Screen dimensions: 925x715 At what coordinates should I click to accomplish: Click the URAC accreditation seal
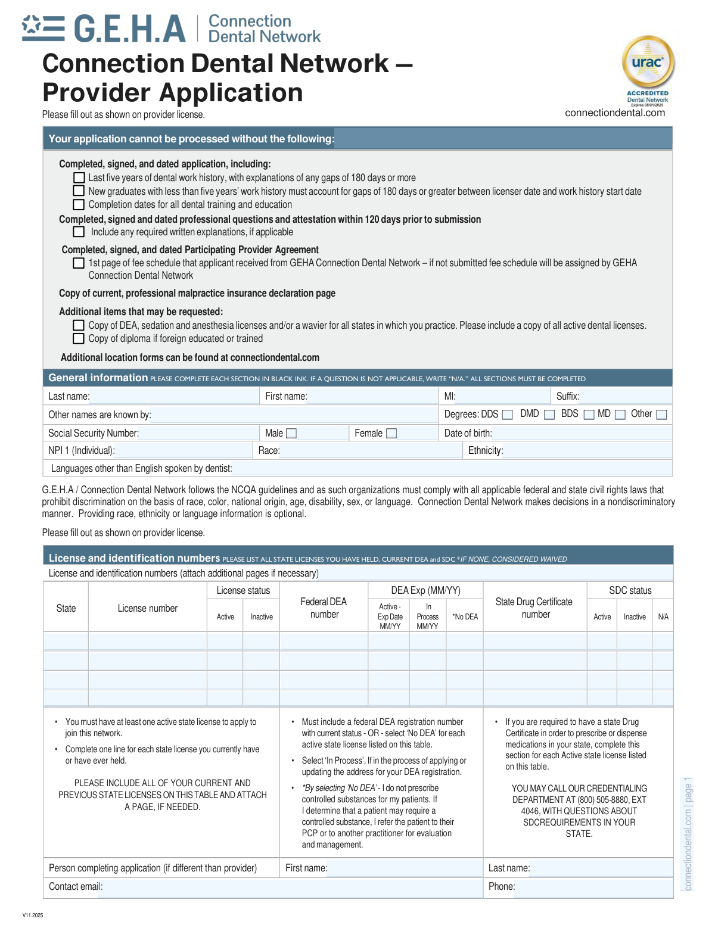[x=648, y=64]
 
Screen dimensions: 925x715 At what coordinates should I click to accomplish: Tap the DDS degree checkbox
[x=508, y=415]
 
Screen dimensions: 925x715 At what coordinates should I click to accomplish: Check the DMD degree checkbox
[x=549, y=415]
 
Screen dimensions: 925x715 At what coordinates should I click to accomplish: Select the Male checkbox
[x=291, y=434]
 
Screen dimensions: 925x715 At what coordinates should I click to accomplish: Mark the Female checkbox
[x=391, y=434]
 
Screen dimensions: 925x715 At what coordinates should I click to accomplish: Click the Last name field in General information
[x=173, y=396]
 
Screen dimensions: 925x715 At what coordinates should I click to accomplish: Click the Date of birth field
[x=581, y=433]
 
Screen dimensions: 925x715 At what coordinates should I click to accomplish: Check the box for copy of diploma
[x=79, y=339]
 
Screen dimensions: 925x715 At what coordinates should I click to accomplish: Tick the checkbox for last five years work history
[x=79, y=177]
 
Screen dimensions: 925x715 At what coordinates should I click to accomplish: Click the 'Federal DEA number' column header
[x=324, y=608]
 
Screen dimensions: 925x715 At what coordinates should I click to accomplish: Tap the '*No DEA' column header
[x=465, y=616]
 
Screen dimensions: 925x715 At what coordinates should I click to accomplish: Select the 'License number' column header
[x=147, y=608]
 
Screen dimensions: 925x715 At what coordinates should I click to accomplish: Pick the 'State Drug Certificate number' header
[x=534, y=608]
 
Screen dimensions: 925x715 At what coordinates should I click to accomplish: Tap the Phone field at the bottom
[x=593, y=887]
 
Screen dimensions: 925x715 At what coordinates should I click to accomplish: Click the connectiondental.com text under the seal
[x=614, y=113]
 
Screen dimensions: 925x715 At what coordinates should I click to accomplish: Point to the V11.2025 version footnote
[x=33, y=915]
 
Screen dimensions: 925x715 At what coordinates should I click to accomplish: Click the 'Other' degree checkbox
[x=661, y=415]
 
